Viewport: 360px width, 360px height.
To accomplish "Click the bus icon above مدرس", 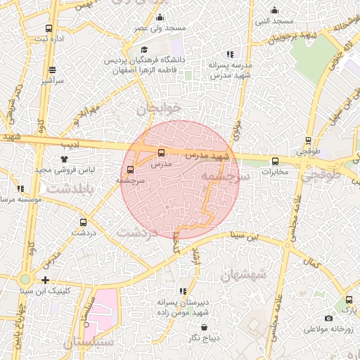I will pyautogui.click(x=162, y=153).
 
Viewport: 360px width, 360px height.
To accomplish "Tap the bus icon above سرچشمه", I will pyautogui.click(x=130, y=169).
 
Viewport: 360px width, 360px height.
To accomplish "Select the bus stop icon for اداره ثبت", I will pyautogui.click(x=48, y=29).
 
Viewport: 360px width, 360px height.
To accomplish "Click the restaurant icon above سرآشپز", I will pyautogui.click(x=52, y=70).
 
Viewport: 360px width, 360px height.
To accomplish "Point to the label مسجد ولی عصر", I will pyautogui.click(x=162, y=28).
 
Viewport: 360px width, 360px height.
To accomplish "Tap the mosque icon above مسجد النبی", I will pyautogui.click(x=274, y=11).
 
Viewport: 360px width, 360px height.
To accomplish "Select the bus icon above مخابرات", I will pyautogui.click(x=275, y=161).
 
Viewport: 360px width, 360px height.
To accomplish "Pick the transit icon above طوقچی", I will pyautogui.click(x=308, y=141).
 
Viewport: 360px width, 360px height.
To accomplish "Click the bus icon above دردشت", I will pyautogui.click(x=83, y=222).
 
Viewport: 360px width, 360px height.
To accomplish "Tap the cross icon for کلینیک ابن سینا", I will pyautogui.click(x=46, y=281).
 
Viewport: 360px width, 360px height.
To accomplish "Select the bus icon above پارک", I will pyautogui.click(x=347, y=300).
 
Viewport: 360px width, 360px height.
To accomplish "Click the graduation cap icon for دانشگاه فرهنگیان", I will pyautogui.click(x=144, y=50).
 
